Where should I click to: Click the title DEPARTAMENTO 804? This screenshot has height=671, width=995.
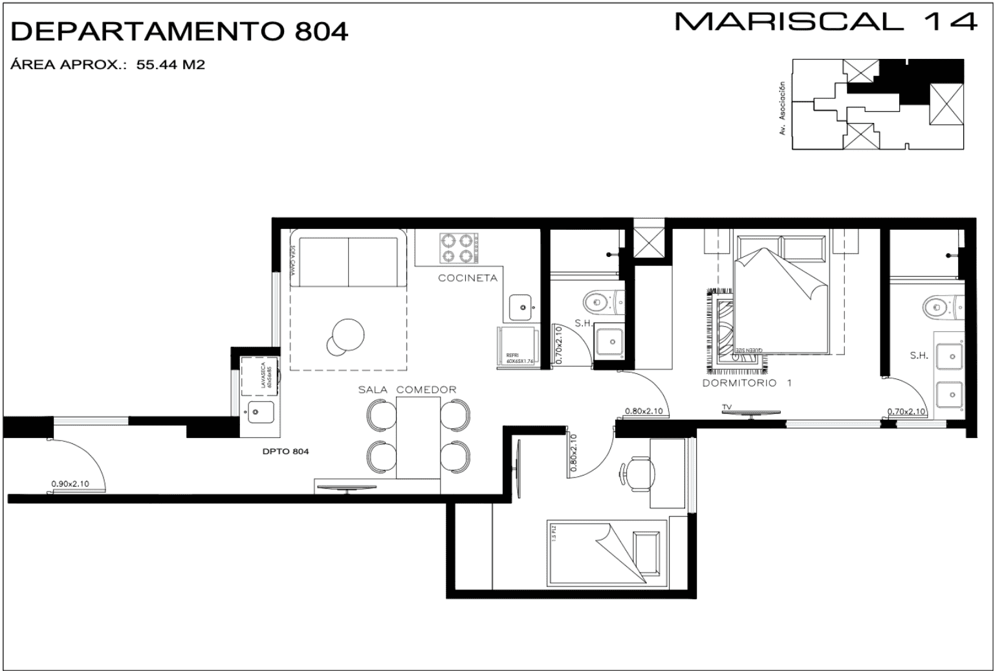click(179, 31)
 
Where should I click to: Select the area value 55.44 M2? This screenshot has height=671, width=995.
click(170, 65)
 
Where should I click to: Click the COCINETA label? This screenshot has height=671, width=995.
click(468, 278)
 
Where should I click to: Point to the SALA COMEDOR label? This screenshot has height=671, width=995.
click(407, 390)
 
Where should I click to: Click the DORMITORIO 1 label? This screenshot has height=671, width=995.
click(747, 383)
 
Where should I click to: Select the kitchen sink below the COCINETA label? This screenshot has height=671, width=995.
click(519, 307)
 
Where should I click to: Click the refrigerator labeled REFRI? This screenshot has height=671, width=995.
click(517, 347)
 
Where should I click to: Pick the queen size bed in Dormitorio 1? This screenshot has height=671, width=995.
click(782, 294)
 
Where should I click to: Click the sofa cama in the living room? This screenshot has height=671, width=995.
click(348, 261)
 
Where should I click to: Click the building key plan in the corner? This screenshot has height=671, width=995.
click(878, 104)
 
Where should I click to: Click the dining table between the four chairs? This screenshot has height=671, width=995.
click(418, 438)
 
